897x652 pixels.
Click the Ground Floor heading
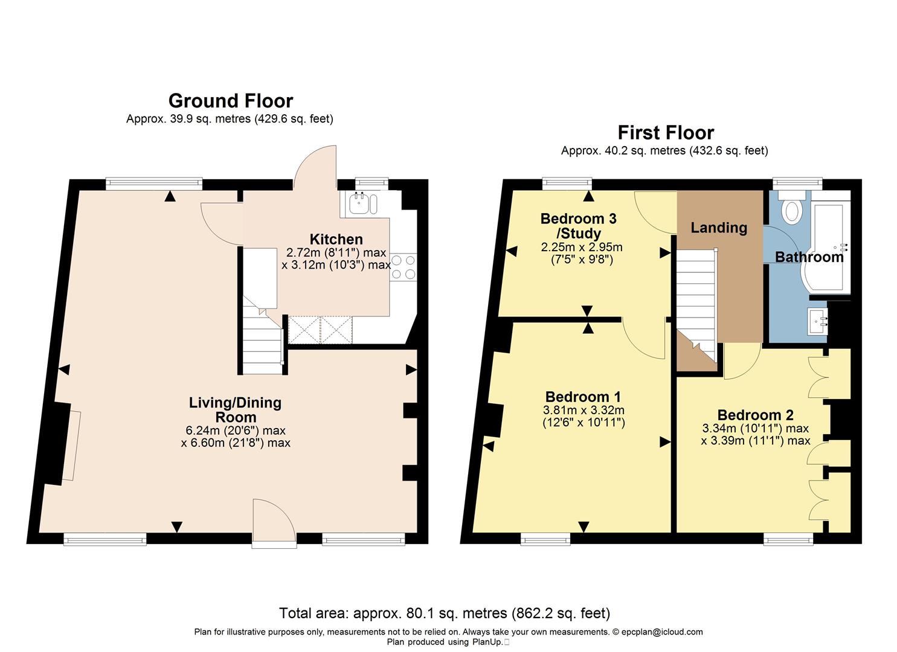click(230, 100)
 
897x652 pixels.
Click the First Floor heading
click(665, 132)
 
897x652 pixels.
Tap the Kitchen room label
click(336, 239)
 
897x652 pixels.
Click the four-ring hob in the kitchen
click(403, 267)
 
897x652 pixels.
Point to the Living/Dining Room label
click(235, 410)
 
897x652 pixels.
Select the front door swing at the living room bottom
click(273, 522)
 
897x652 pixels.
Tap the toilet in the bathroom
click(791, 208)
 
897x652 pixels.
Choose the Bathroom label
click(809, 257)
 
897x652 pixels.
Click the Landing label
click(719, 228)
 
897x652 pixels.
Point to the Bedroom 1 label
click(583, 397)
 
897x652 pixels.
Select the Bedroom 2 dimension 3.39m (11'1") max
click(755, 441)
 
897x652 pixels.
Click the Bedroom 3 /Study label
click(578, 226)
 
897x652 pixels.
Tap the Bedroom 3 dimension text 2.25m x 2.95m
click(581, 247)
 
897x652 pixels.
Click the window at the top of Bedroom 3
click(567, 181)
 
